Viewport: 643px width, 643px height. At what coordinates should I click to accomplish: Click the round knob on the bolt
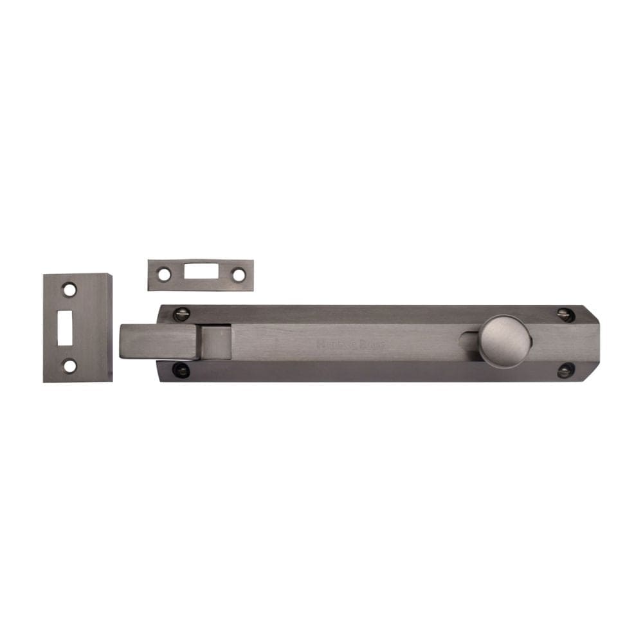point(505,341)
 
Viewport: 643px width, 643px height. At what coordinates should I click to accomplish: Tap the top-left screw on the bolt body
point(182,314)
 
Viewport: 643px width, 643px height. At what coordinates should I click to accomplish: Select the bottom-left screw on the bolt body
point(182,370)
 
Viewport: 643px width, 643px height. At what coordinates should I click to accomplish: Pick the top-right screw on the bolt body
point(565,314)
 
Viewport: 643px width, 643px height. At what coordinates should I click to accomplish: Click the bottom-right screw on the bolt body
point(565,370)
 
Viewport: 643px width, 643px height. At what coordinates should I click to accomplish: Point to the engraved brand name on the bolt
point(350,344)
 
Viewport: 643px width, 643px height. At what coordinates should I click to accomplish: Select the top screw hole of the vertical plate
point(69,290)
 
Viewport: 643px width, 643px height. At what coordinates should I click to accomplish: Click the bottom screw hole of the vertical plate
point(69,366)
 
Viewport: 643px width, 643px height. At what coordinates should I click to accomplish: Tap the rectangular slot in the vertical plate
point(65,328)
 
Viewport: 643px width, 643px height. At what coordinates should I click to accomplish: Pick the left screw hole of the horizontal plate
point(165,275)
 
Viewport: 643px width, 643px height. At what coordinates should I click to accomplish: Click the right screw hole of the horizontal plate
point(239,275)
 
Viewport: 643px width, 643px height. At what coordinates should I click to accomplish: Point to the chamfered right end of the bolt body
point(590,343)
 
